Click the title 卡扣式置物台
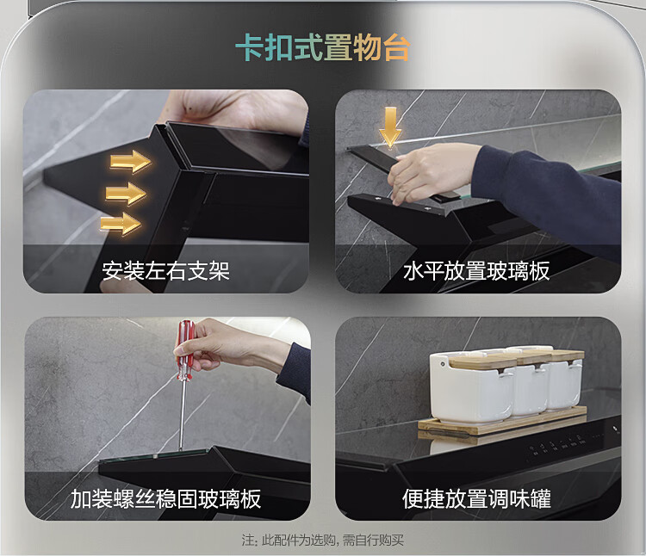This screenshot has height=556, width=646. (323, 47)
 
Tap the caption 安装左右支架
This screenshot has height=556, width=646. (165, 271)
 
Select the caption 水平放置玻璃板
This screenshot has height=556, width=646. (476, 271)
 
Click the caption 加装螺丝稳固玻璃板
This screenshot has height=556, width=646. (165, 499)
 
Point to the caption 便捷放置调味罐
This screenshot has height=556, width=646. (476, 499)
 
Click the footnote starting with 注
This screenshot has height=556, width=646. (323, 540)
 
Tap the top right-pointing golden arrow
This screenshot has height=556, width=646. (131, 161)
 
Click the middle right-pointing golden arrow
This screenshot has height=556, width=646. (126, 193)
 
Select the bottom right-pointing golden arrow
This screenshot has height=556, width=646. (121, 224)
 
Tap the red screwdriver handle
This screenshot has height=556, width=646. (185, 350)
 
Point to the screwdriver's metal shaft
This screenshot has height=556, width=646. (182, 415)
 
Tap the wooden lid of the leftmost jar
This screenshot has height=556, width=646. (482, 361)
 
